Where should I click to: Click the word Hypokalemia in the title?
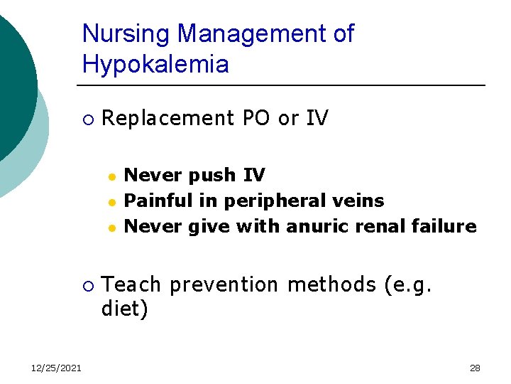click(155, 65)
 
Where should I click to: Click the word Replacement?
click(168, 118)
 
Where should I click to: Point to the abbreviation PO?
click(256, 118)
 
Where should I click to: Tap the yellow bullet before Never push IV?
click(111, 176)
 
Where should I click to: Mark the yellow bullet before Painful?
click(111, 201)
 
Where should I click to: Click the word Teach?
click(131, 284)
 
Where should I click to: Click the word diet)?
click(126, 310)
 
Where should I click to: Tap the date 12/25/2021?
click(55, 368)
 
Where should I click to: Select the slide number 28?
click(475, 368)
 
